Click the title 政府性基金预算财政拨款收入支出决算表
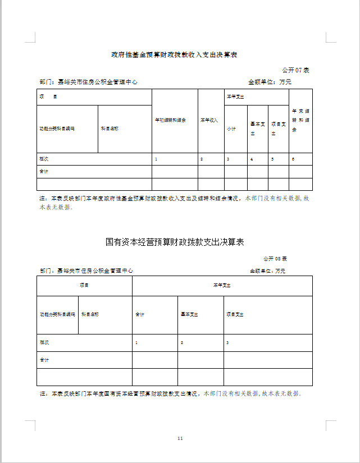(x=174, y=55)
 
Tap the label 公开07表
(x=295, y=70)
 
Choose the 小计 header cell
(x=231, y=129)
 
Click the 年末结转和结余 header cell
(x=300, y=120)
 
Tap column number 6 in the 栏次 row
(x=293, y=159)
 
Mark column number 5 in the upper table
(x=272, y=159)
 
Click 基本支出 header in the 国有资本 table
(x=189, y=314)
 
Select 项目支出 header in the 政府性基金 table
(x=278, y=129)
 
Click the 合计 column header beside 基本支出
(x=140, y=314)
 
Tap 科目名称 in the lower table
(x=90, y=314)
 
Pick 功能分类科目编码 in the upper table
(x=57, y=129)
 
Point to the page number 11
(x=180, y=438)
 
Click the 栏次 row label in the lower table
(x=44, y=342)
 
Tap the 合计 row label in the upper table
(x=44, y=171)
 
